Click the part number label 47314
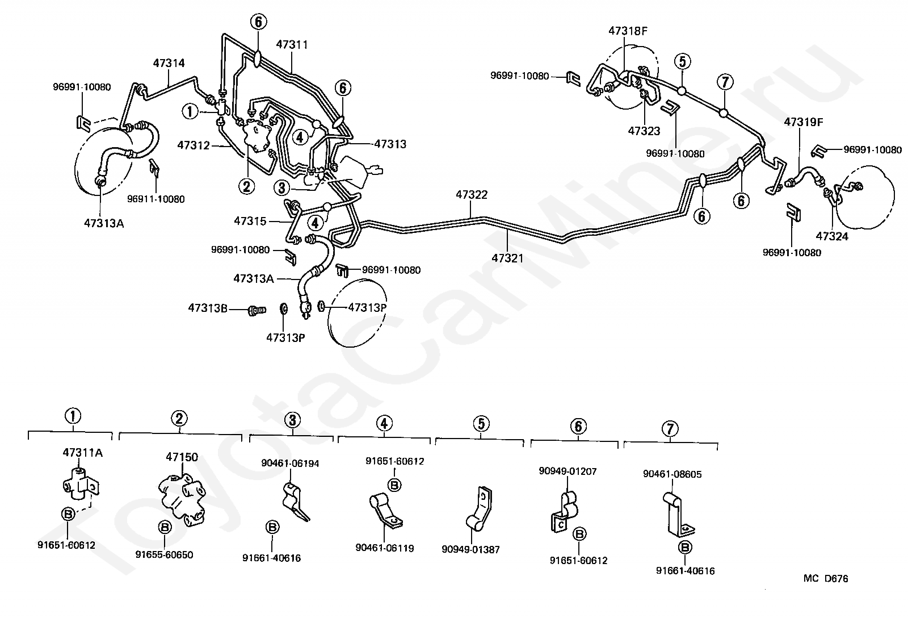tap(169, 63)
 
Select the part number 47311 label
tap(292, 44)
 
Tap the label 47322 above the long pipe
tap(472, 195)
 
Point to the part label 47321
tap(507, 258)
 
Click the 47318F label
tap(628, 31)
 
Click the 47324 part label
tap(831, 236)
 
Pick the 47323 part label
tap(644, 131)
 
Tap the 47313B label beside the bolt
tap(208, 308)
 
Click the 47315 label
tap(250, 220)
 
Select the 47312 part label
tap(194, 145)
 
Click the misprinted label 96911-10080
tap(155, 199)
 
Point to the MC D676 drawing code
tap(826, 579)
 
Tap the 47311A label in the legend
tap(82, 453)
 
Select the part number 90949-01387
tap(470, 549)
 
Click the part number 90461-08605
tap(672, 474)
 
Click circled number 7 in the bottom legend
tap(670, 428)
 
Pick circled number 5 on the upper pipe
tap(682, 61)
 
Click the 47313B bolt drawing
tap(257, 311)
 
